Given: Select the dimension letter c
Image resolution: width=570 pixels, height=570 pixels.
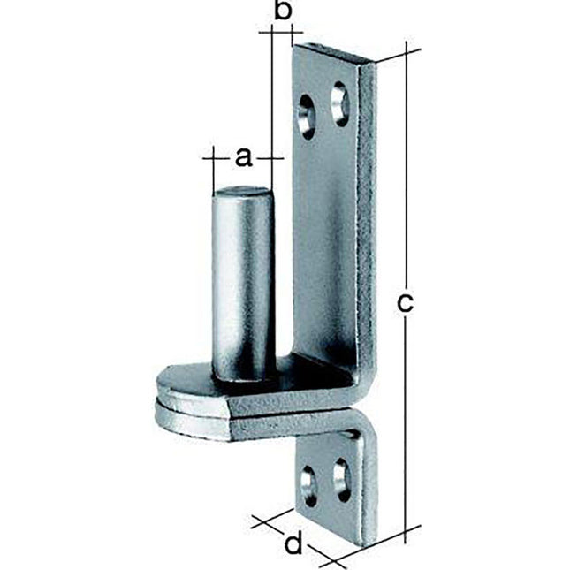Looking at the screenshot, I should pyautogui.click(x=404, y=302).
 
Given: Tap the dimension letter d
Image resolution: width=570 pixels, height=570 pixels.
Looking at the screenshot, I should pyautogui.click(x=293, y=542).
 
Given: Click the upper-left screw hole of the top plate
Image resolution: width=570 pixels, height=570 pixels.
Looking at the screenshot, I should pyautogui.click(x=307, y=117).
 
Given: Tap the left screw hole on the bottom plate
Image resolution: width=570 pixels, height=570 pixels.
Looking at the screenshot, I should pyautogui.click(x=308, y=482).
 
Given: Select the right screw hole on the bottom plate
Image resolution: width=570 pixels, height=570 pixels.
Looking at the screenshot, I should pyautogui.click(x=338, y=475).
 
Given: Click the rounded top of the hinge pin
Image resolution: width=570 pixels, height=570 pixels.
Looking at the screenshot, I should pyautogui.click(x=242, y=192).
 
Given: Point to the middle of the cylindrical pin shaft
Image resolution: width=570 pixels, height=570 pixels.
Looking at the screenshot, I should pyautogui.click(x=242, y=283).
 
